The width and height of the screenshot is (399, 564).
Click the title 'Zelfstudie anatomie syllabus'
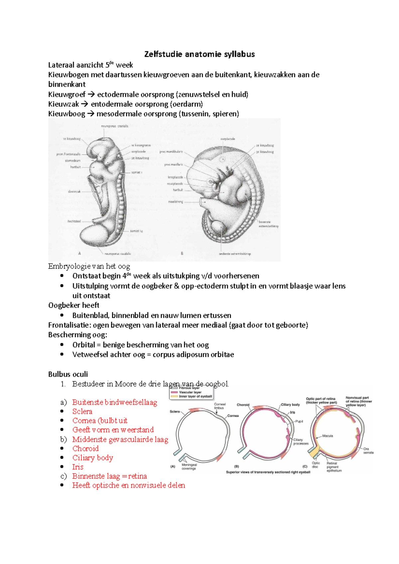[199, 54]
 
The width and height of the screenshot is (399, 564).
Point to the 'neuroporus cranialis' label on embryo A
[114, 126]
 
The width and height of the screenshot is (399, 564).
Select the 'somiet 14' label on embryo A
[136, 231]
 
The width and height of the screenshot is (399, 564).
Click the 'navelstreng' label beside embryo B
[175, 202]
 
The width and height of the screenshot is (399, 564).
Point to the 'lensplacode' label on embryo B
[175, 177]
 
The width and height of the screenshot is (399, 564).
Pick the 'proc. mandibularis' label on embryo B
[171, 152]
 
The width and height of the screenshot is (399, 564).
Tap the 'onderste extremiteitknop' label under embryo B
[235, 254]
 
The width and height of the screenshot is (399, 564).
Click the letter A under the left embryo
[79, 253]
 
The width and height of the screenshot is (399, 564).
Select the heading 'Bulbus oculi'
[68, 374]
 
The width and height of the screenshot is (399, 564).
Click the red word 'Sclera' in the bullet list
[82, 411]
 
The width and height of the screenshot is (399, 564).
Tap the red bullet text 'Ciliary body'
[93, 458]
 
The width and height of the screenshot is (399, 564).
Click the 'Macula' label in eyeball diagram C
[328, 436]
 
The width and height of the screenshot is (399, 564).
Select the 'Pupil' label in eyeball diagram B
[299, 421]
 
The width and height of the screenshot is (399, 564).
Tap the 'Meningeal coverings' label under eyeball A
[189, 467]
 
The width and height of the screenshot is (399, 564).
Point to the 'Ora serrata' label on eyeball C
[367, 450]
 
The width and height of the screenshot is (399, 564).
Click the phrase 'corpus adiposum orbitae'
[193, 354]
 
